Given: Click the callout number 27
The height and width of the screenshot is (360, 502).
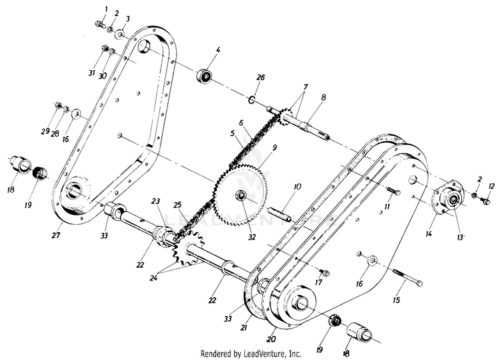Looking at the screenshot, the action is click(56, 235).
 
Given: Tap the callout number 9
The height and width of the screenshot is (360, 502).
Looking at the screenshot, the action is click(274, 147).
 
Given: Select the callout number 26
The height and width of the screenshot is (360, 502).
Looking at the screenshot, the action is click(260, 78).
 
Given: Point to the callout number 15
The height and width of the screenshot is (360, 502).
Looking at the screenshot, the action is click(396, 300).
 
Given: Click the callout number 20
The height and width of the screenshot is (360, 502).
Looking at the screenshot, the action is click(271, 339).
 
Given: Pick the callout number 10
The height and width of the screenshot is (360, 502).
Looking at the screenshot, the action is click(297, 186).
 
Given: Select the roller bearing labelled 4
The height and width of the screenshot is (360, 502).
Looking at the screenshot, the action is click(204, 76).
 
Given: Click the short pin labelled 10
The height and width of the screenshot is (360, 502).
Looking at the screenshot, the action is click(280, 214).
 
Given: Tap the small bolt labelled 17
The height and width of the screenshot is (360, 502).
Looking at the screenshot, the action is click(325, 272).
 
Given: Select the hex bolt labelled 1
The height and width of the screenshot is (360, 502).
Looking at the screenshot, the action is click(100, 23).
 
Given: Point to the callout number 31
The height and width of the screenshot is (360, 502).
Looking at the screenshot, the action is click(92, 74).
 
